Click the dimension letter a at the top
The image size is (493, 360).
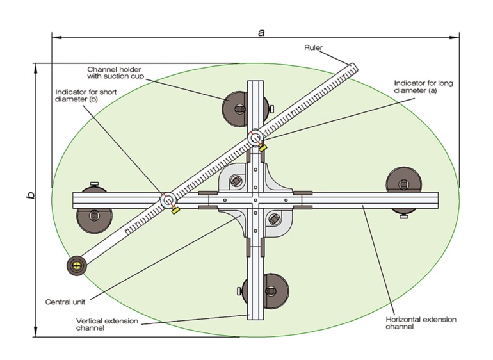261,31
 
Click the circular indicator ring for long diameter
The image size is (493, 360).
255,137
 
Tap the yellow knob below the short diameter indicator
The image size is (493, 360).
175,211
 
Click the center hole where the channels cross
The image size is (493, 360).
255,200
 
